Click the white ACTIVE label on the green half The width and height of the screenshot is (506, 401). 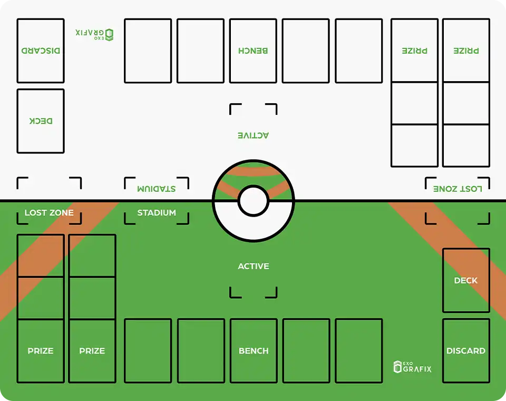pyautogui.click(x=254, y=266)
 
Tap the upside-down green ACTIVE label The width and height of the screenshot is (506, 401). pyautogui.click(x=254, y=135)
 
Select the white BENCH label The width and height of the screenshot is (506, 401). pyautogui.click(x=254, y=351)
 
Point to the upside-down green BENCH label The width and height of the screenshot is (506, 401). pyautogui.click(x=253, y=51)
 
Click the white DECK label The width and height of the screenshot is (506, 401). pyautogui.click(x=466, y=280)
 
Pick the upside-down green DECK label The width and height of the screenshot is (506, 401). pyautogui.click(x=41, y=121)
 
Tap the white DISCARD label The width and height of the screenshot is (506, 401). pyautogui.click(x=466, y=351)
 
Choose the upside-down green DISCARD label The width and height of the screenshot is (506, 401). pyautogui.click(x=41, y=51)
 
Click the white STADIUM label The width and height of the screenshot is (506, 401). pyautogui.click(x=157, y=213)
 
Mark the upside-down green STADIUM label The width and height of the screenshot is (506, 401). pyautogui.click(x=157, y=189)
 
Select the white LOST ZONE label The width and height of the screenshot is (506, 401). pyautogui.click(x=49, y=213)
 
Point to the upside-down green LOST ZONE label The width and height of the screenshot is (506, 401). pyautogui.click(x=458, y=189)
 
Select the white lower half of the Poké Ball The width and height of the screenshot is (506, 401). pyautogui.click(x=254, y=227)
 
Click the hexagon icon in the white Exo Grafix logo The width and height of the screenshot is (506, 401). pyautogui.click(x=398, y=367)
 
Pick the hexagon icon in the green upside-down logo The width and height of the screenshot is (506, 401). pyautogui.click(x=109, y=34)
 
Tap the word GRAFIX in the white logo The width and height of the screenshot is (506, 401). pyautogui.click(x=417, y=369)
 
